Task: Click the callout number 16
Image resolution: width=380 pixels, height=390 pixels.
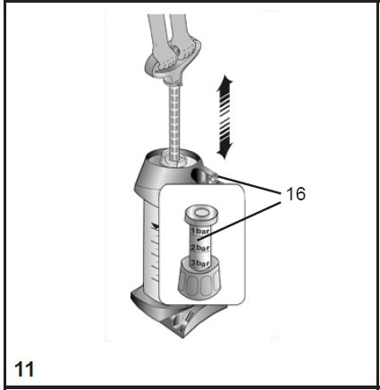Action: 296,194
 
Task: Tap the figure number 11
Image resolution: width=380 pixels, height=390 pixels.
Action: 24,369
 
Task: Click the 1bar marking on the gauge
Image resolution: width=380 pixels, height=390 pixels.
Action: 200,231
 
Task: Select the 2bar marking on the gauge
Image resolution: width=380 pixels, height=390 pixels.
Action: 200,248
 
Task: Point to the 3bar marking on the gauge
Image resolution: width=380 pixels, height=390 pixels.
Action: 200,264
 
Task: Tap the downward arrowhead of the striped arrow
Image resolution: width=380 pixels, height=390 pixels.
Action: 224,150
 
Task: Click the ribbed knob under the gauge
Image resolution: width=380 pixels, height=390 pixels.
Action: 200,280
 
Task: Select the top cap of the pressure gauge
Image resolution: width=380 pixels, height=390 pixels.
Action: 200,214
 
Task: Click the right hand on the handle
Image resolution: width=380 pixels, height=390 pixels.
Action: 185,45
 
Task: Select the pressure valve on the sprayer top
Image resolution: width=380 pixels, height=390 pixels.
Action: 207,175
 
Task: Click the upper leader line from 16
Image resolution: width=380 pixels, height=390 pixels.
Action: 250,184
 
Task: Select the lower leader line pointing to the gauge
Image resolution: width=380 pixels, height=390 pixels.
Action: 240,221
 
